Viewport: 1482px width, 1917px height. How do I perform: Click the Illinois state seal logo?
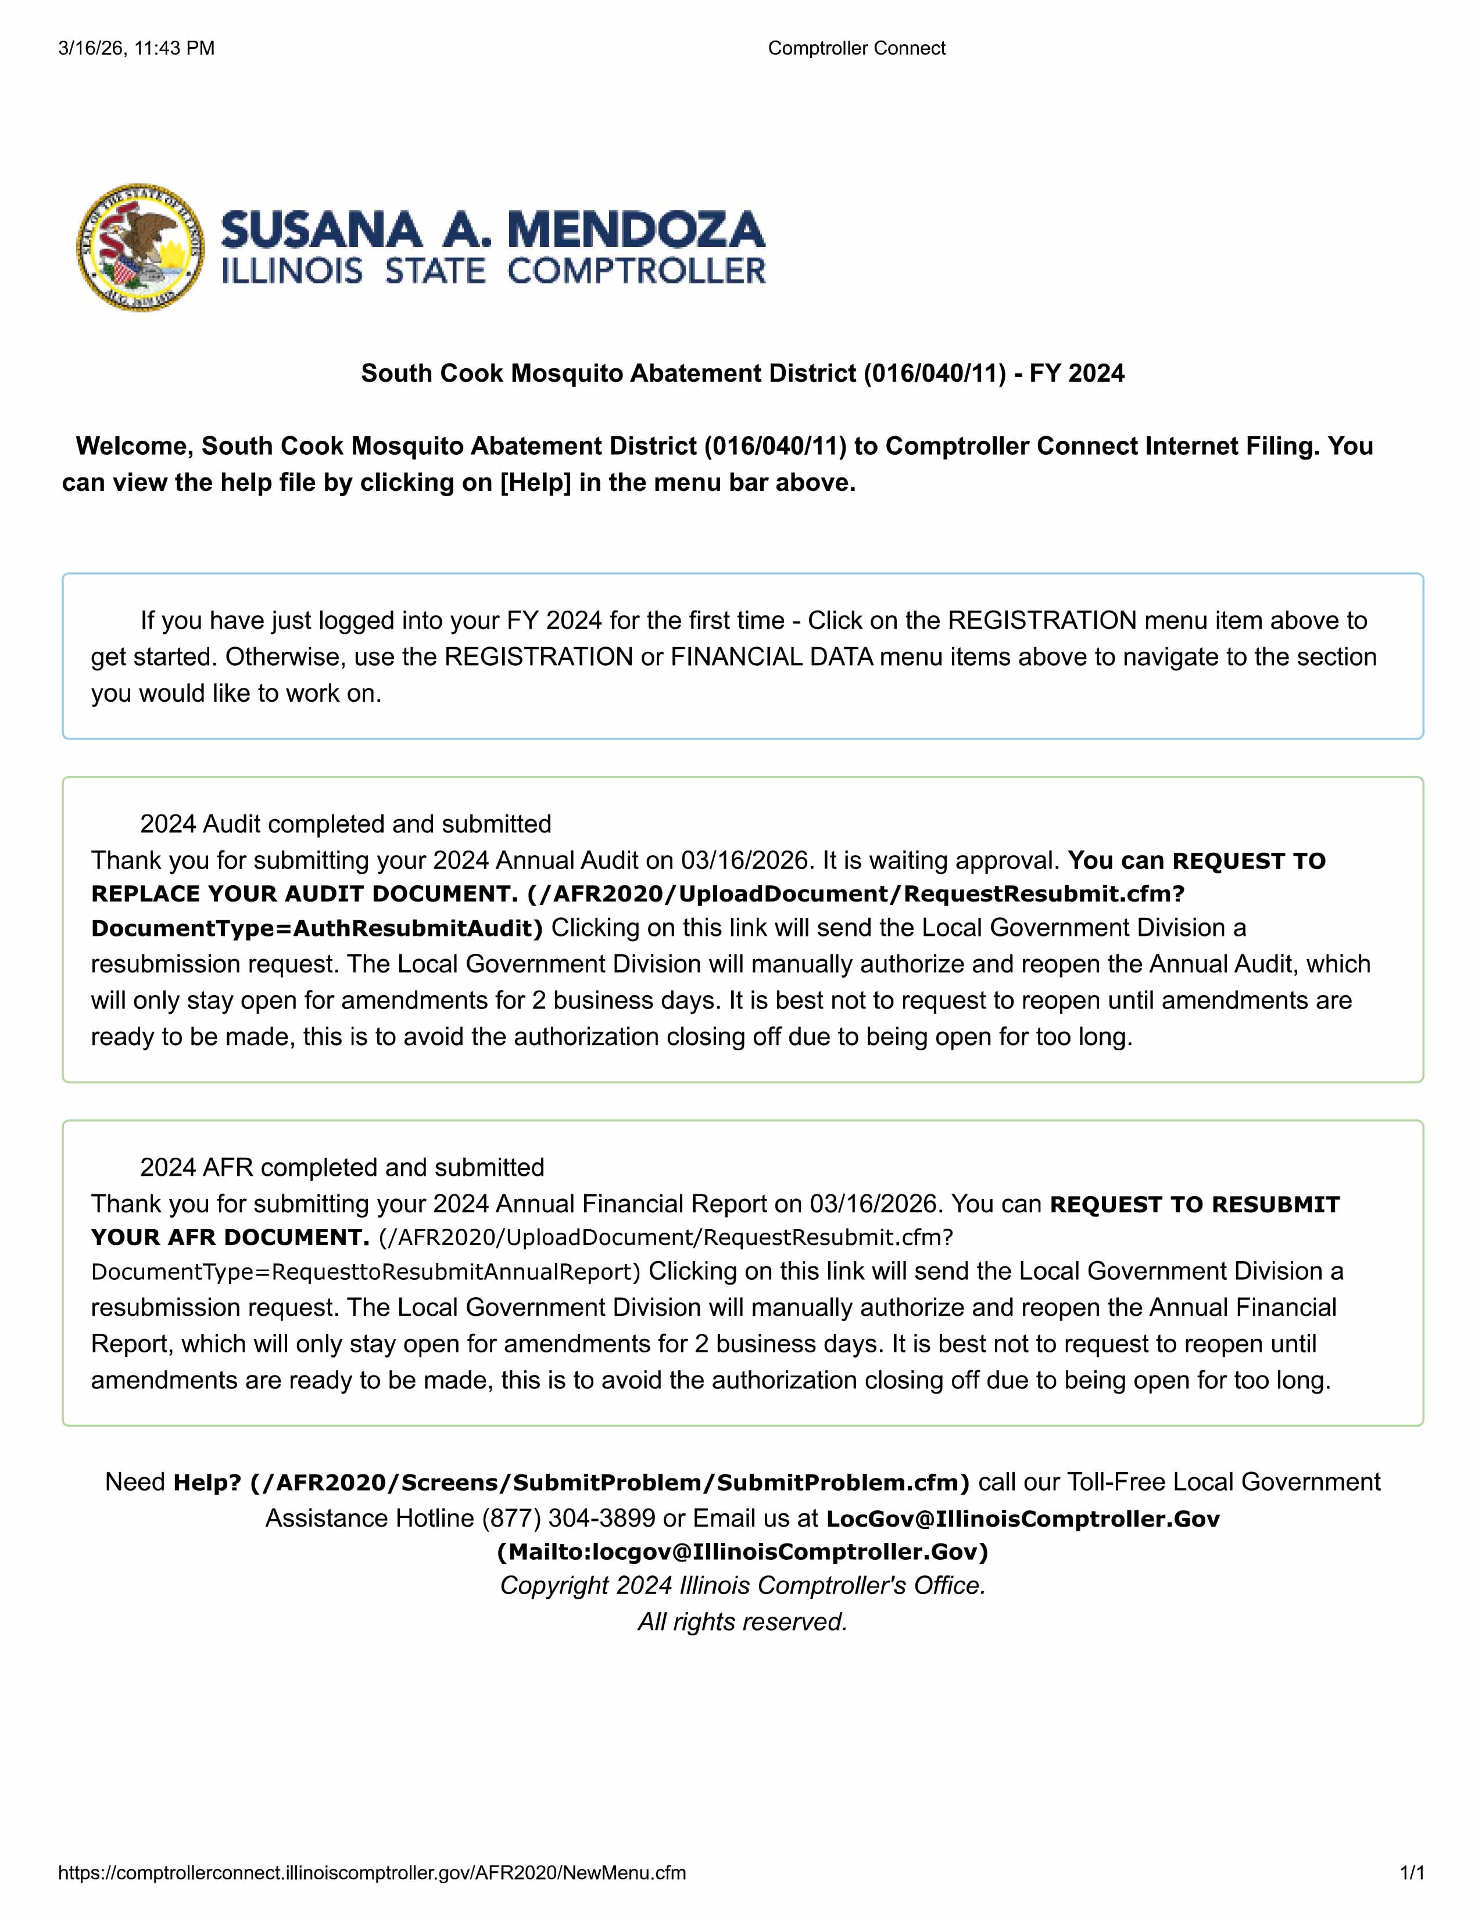[141, 247]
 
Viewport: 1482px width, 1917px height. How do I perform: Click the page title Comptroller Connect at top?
[856, 48]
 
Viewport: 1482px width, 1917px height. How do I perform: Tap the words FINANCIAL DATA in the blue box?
[772, 656]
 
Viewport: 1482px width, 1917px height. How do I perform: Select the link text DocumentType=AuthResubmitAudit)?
[317, 929]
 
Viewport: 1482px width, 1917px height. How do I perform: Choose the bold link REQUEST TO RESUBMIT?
[1194, 1204]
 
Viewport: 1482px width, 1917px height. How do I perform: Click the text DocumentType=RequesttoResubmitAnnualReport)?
[366, 1272]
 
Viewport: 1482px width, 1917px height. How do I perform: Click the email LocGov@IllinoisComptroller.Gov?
[1023, 1518]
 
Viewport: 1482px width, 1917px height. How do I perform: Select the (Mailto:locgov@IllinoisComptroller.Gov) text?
[742, 1552]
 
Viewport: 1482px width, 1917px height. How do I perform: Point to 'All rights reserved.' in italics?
[742, 1621]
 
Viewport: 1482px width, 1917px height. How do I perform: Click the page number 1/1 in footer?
[1411, 1873]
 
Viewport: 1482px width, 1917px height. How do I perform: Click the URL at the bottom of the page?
[373, 1873]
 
